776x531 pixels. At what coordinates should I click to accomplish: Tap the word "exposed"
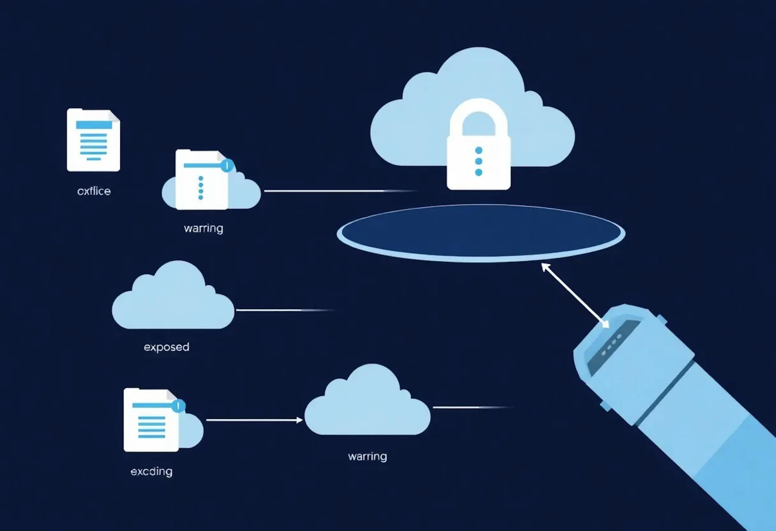coord(166,347)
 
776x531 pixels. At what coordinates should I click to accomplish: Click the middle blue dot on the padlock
coord(479,161)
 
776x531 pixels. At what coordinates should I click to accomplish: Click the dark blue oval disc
coord(481,233)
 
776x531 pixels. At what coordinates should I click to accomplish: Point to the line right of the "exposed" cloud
coord(284,310)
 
